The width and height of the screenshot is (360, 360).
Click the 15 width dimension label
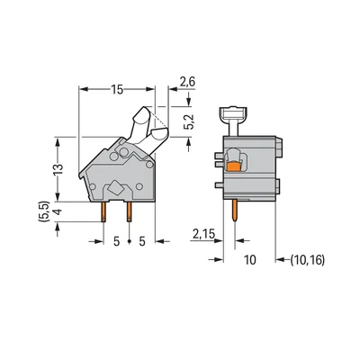pos(119,90)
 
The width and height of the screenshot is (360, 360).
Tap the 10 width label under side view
pos(251,259)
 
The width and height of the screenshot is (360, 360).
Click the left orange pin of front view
pos(109,211)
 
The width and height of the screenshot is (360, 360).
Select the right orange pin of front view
pos(130,211)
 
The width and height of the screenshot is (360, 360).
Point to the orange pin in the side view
pos(237,212)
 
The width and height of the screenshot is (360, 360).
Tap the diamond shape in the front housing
pos(117,189)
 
